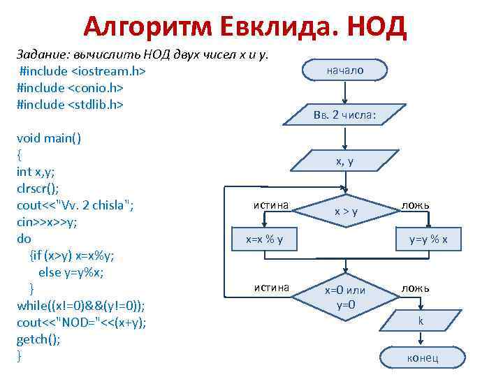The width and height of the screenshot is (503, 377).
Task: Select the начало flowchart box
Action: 345,71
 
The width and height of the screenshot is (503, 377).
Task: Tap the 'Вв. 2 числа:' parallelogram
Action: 345,114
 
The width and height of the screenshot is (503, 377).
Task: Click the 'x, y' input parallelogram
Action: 345,161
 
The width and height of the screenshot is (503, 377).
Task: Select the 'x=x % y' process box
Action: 263,240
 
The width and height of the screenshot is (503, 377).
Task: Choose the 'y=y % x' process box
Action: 428,240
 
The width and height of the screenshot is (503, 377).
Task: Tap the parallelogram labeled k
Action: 421,321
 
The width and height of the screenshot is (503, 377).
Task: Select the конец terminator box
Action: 421,358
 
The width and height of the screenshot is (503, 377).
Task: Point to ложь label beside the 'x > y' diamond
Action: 416,205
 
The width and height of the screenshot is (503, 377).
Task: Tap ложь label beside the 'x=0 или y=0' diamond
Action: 416,287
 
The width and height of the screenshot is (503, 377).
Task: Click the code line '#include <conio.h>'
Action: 70,88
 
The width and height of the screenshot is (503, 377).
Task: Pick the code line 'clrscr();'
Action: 38,188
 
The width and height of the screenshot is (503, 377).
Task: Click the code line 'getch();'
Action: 38,339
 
